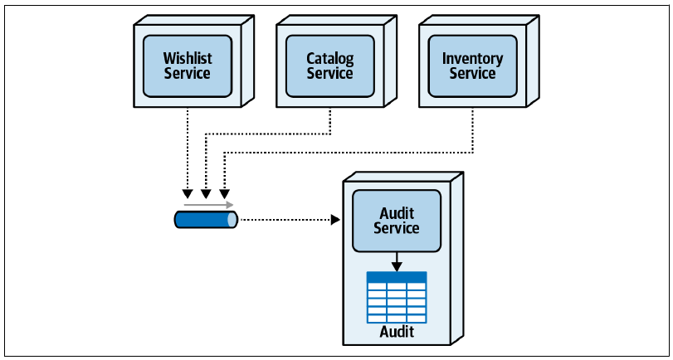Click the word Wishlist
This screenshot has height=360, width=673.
[x=188, y=57]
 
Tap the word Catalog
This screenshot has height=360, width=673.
[x=330, y=58]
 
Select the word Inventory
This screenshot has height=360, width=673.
[x=472, y=58]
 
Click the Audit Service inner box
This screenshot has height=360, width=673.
[x=397, y=221]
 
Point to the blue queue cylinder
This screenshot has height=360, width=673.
[x=206, y=220]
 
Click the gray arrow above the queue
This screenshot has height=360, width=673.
[x=208, y=205]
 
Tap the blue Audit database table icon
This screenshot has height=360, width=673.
[x=397, y=297]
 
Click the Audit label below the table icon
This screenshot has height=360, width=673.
[x=397, y=332]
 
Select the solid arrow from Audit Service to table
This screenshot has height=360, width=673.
[x=397, y=262]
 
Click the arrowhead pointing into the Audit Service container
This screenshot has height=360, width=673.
[x=335, y=220]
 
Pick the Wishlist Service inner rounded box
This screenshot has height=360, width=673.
[x=188, y=66]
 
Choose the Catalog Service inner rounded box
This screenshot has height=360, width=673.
[x=330, y=66]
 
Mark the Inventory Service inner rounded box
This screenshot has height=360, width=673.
[x=472, y=66]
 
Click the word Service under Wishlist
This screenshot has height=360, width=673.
[x=188, y=73]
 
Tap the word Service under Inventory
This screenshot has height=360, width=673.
[x=472, y=73]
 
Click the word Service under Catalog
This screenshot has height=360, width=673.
[x=330, y=73]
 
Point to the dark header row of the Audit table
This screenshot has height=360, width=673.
[x=397, y=277]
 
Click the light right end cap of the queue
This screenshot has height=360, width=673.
[x=232, y=220]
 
